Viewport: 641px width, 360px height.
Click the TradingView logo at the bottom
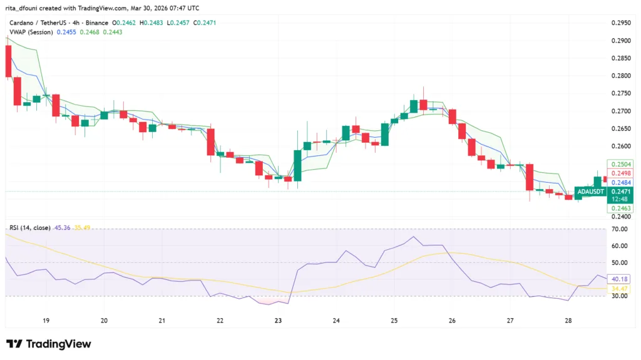(x=49, y=344)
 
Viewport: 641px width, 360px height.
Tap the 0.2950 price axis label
(x=620, y=23)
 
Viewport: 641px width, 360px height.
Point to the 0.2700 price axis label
(x=620, y=111)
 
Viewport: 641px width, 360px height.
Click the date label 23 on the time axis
(x=278, y=320)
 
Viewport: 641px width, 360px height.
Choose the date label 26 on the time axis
(x=452, y=320)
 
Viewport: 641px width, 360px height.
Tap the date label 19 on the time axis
(x=46, y=320)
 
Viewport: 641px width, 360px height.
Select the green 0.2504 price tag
(x=620, y=163)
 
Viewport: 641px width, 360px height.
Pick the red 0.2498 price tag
(x=620, y=173)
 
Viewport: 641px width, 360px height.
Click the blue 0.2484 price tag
(x=620, y=182)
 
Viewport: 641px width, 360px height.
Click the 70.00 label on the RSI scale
(x=620, y=229)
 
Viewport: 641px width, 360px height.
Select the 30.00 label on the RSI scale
(x=620, y=296)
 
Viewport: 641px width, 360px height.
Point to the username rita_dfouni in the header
(x=23, y=8)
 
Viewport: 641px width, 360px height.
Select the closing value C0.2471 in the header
(x=204, y=23)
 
